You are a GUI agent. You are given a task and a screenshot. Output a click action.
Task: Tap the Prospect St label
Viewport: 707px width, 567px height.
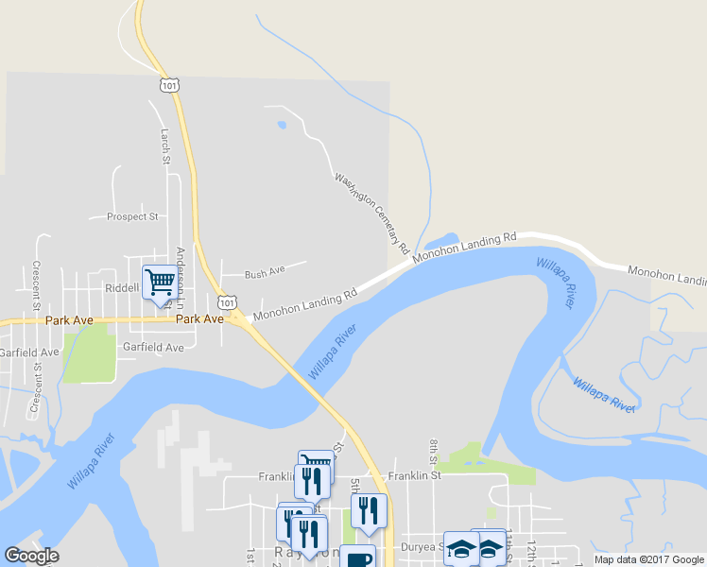click(x=132, y=216)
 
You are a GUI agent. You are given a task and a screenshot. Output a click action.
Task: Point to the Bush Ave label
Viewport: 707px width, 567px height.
click(x=265, y=273)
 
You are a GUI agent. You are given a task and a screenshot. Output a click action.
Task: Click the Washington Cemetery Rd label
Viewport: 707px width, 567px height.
click(x=371, y=213)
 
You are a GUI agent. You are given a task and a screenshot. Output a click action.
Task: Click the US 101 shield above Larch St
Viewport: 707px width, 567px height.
click(x=168, y=85)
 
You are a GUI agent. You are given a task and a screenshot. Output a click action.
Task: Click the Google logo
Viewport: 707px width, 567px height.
click(x=31, y=556)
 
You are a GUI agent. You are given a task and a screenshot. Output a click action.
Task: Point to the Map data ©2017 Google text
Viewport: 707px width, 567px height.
click(x=647, y=559)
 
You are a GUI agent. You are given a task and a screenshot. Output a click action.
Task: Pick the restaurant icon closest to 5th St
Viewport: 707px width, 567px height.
click(x=369, y=510)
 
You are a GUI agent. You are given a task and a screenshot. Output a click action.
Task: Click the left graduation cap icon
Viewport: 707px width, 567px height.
click(x=460, y=547)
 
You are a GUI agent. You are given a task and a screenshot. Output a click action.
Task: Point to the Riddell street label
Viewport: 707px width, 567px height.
click(x=121, y=288)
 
